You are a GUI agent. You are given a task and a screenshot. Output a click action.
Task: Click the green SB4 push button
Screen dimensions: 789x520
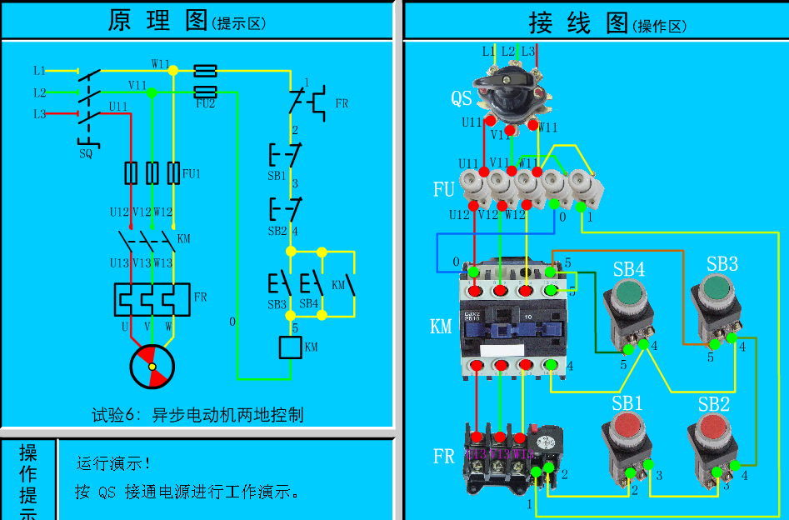coord(629,297)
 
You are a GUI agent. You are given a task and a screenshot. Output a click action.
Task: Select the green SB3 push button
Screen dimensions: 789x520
coord(714,291)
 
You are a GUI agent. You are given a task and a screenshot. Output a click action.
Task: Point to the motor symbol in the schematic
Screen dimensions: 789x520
coord(152,367)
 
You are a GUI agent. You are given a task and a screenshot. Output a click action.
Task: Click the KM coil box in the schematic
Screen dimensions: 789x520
coord(290,347)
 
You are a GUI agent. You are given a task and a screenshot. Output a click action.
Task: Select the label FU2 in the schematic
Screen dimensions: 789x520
coord(205,104)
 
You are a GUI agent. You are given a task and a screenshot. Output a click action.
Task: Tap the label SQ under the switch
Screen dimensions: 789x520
coord(86,153)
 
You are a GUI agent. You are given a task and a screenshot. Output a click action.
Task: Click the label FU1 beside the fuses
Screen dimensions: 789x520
coord(192,174)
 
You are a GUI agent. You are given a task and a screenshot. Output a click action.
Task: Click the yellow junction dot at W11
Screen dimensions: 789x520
coord(173,71)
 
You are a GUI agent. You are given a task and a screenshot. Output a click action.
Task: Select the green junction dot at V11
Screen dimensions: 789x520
coord(152,92)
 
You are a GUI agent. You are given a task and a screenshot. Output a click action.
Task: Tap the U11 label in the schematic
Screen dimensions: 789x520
coord(118,107)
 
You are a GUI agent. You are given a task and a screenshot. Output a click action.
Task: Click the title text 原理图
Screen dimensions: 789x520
coord(157,21)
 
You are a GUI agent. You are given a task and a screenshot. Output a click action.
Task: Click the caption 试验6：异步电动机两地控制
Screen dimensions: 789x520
coord(197,414)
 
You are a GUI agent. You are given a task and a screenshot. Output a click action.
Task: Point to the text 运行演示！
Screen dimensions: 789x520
coord(114,463)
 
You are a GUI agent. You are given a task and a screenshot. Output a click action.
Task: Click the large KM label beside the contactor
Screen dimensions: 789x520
coord(441,326)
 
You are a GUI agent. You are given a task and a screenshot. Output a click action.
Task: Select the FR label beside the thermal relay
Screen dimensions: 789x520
coord(443,457)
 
